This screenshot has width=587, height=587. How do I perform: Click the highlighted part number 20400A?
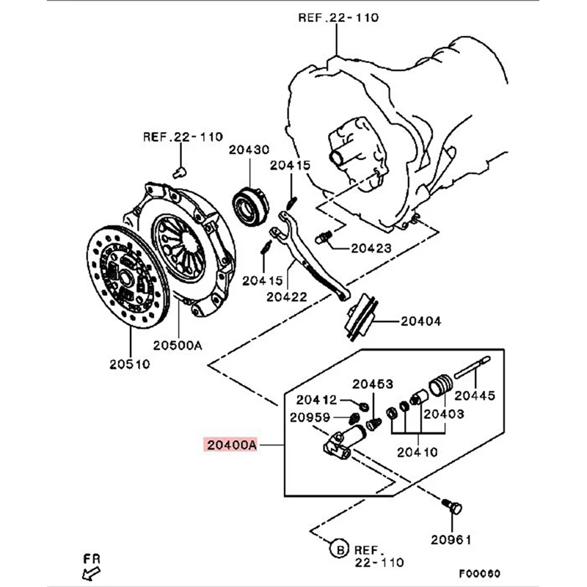point(232,445)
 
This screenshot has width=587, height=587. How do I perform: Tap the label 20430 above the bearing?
point(249,150)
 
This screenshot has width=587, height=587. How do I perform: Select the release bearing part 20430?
point(250,205)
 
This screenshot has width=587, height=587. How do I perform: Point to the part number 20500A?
point(178,345)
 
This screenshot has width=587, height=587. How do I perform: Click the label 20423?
point(371,248)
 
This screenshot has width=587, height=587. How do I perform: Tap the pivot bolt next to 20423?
point(324,237)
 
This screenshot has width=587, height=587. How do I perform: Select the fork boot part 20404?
point(360,318)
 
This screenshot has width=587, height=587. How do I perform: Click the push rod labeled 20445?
point(472,368)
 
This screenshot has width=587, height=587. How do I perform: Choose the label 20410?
point(417,452)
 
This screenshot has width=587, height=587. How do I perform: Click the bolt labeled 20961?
point(452,506)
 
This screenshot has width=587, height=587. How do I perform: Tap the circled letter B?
point(339,548)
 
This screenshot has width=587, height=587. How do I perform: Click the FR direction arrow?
point(91,572)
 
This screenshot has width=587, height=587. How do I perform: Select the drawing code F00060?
point(480,573)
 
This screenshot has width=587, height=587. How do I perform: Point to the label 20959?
point(310,418)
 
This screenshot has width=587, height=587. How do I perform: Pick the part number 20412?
point(316,400)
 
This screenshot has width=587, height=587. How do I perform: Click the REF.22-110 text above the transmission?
point(338,18)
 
